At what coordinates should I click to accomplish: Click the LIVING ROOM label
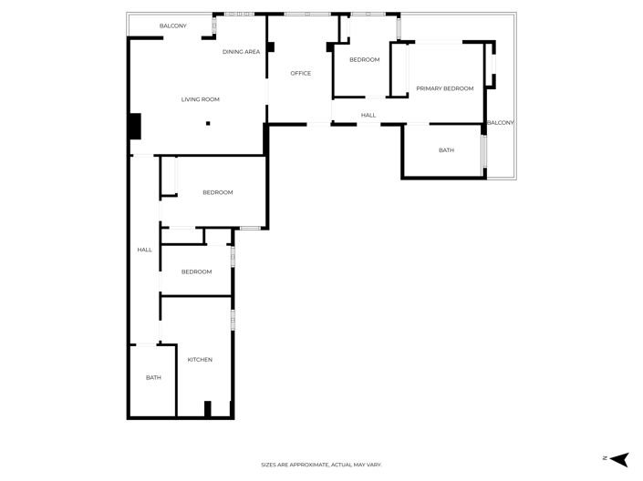[200, 99]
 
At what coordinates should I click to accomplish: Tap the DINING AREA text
[241, 52]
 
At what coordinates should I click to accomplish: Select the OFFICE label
[301, 74]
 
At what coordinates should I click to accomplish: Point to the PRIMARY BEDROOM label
[445, 88]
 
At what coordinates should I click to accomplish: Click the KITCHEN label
[200, 360]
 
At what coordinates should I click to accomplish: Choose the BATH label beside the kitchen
[153, 377]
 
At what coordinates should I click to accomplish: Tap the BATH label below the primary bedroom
[446, 150]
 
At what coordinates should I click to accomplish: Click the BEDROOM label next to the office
[364, 60]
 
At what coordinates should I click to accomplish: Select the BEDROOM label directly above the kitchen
[196, 271]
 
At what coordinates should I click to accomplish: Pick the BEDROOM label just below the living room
[217, 192]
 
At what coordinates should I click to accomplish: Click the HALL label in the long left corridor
[144, 250]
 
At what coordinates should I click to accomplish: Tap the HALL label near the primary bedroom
[368, 116]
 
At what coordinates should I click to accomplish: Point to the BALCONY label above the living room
[172, 26]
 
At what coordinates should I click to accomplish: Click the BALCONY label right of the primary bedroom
[500, 123]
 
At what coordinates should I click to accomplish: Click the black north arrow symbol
[619, 459]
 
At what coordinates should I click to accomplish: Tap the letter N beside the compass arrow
[604, 459]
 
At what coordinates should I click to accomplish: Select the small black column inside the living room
[208, 123]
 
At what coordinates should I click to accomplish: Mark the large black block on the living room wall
[134, 126]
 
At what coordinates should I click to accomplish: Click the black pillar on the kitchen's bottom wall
[208, 410]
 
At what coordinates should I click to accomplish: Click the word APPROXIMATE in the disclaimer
[304, 465]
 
